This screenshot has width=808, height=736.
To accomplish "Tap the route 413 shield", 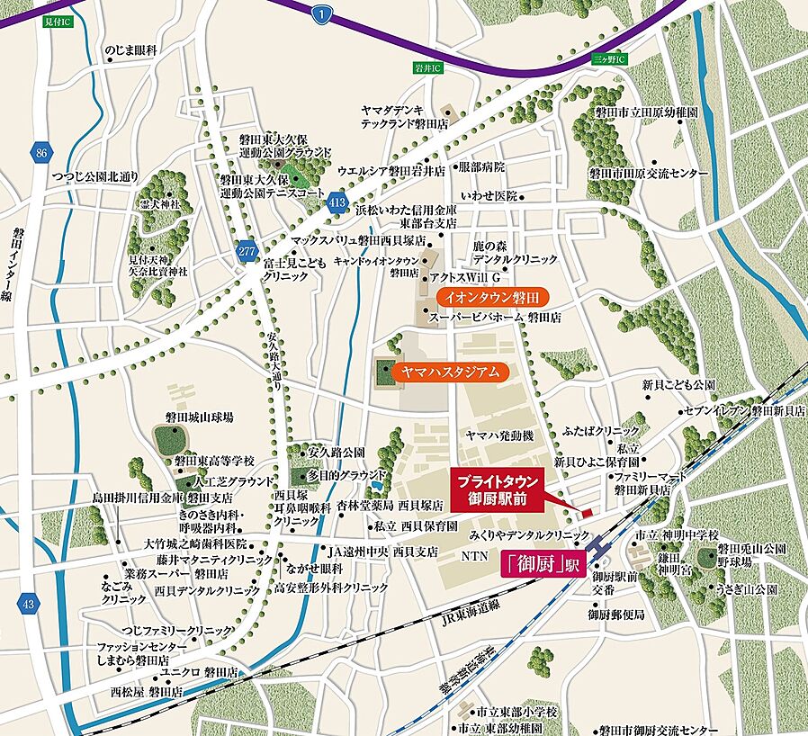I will [337, 203].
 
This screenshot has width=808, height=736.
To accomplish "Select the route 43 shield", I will [29, 604].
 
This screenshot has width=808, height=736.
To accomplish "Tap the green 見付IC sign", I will [60, 20].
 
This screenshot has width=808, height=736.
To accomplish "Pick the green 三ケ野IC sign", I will [615, 58].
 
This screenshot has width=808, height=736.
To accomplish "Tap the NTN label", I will [471, 559].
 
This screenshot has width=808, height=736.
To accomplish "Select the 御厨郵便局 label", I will [617, 615].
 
